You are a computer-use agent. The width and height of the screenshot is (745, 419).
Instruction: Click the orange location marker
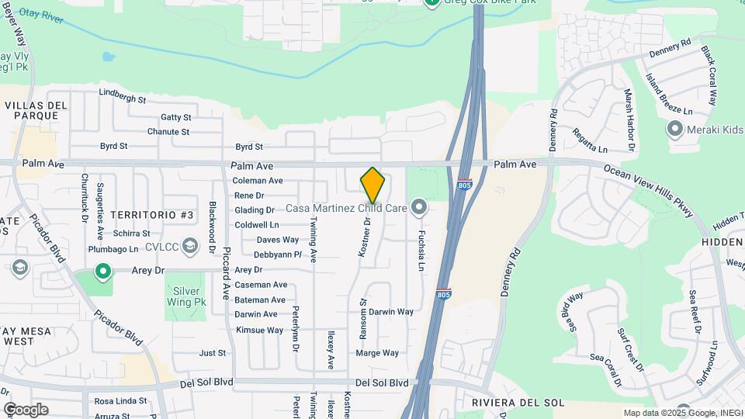click(x=372, y=185)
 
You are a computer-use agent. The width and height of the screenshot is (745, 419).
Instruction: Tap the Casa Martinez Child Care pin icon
click(x=420, y=207)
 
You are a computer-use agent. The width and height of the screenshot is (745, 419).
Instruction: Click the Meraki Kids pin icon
click(x=674, y=129)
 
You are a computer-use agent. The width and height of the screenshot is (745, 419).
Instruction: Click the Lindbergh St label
click(x=123, y=99)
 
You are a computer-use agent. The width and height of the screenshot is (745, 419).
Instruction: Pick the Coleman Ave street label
click(x=258, y=181)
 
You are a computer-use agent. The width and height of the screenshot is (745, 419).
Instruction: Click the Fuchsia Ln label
click(x=421, y=250)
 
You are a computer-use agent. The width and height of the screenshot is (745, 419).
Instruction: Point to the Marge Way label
click(x=376, y=353)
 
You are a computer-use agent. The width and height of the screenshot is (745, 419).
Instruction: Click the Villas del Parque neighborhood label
click(x=32, y=110)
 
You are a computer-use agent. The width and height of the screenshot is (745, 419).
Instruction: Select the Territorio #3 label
click(x=151, y=214)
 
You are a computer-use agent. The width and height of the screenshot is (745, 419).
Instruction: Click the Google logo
click(x=26, y=410)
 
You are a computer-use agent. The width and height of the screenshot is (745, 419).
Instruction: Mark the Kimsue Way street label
click(x=259, y=330)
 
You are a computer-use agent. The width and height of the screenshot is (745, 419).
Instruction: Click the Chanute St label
click(x=168, y=132)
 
